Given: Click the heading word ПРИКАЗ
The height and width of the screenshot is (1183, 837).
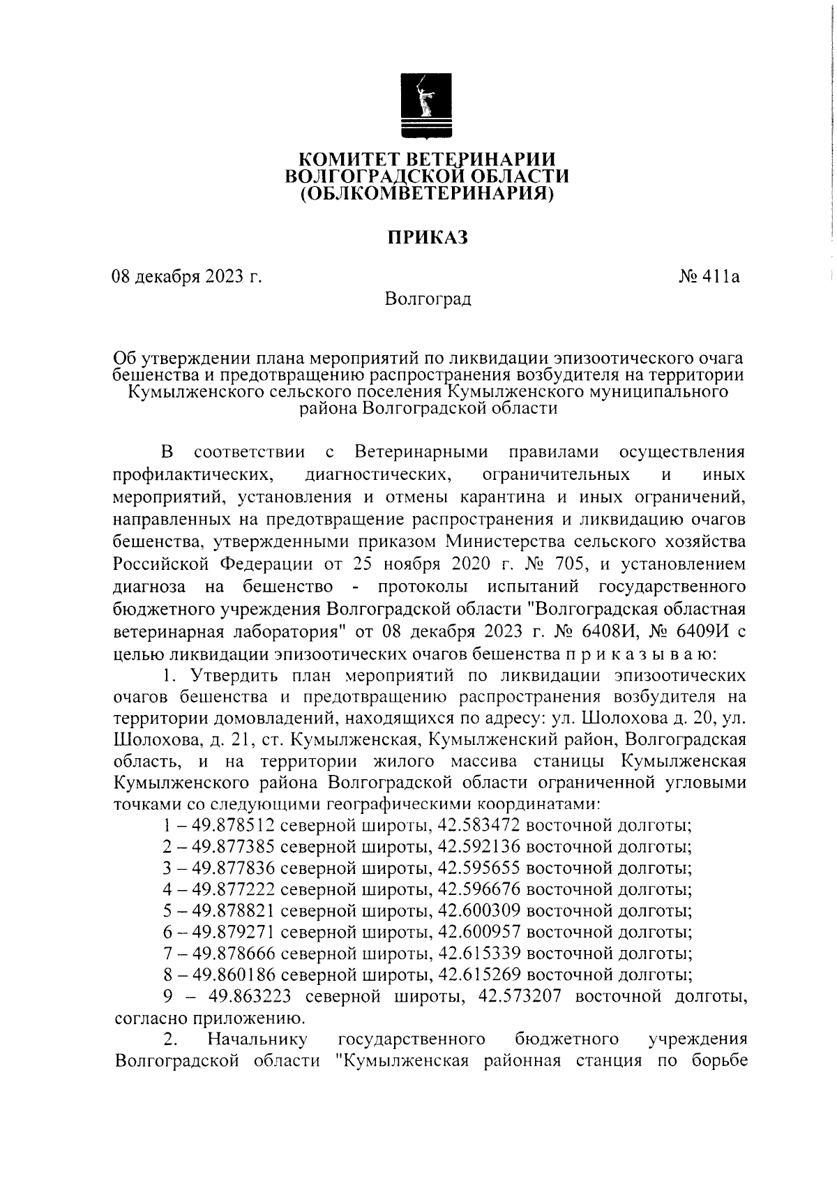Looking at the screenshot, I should (x=427, y=238).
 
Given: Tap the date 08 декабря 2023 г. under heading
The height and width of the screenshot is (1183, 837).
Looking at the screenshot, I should (x=188, y=277).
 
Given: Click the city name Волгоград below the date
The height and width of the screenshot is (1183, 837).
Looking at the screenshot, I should (x=428, y=299).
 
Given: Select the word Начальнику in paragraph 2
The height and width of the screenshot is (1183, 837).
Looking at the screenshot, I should (x=257, y=1039).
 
